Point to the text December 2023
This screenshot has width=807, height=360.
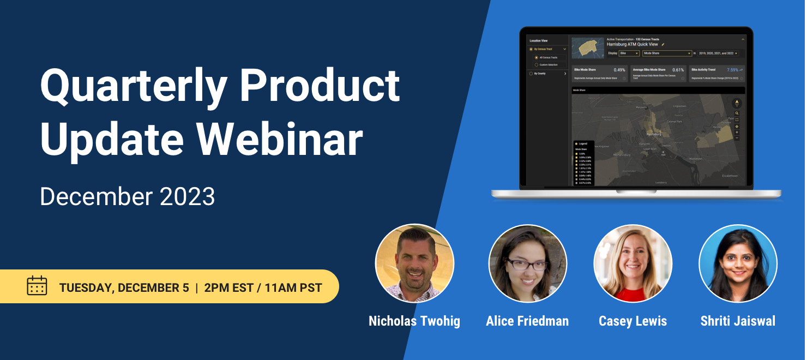[x=128, y=196]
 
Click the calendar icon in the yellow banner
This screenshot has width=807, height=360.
[x=37, y=286]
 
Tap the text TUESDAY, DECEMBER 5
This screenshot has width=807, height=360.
[x=124, y=287]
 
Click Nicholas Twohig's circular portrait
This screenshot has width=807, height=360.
[x=414, y=263]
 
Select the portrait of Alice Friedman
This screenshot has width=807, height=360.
[x=527, y=263]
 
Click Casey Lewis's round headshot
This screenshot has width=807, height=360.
[x=633, y=263]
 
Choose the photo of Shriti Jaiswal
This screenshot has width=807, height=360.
[x=738, y=263]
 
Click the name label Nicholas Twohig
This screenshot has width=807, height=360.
[x=414, y=321]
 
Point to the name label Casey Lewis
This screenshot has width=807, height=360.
[x=633, y=321]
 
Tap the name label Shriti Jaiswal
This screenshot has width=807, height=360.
[x=738, y=321]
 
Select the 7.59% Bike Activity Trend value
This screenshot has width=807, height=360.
[x=732, y=70]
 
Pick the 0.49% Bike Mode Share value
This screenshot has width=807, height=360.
[x=619, y=70]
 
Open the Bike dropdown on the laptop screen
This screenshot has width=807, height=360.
[x=629, y=53]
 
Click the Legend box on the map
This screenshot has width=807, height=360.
[x=584, y=163]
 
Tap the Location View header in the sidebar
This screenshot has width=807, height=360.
[x=539, y=40]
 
